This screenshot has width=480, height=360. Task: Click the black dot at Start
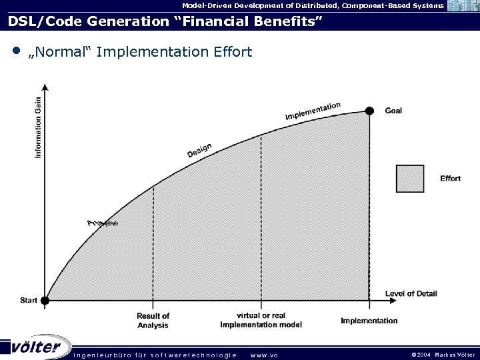[45, 301]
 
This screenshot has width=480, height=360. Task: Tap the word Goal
[393, 111]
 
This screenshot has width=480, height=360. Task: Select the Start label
[29, 301]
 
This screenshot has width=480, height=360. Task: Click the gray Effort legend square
[410, 178]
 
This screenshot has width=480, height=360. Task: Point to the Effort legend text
[450, 178]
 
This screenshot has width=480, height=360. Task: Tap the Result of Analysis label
[153, 320]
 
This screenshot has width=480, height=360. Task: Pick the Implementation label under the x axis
[369, 321]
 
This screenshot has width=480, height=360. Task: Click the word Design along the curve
[199, 151]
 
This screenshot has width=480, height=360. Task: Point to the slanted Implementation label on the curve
[313, 111]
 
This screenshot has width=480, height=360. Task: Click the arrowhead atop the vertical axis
[45, 86]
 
